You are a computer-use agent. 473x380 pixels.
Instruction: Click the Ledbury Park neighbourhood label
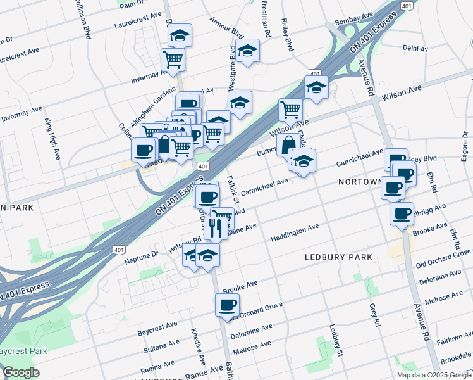coord(338,257)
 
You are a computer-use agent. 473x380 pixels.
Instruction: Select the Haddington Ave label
coord(294,232)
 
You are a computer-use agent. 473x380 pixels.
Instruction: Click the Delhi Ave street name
coord(415,48)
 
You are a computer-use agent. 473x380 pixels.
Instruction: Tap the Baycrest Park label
coord(23,350)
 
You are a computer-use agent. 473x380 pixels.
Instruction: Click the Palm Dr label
coord(132,4)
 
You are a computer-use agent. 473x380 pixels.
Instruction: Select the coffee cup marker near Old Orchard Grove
coord(228,305)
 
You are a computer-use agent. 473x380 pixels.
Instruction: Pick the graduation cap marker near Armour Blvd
coord(248,51)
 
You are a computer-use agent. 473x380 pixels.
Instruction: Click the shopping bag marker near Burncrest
coord(288,143)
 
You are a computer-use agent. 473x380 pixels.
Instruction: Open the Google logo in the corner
coord(21,372)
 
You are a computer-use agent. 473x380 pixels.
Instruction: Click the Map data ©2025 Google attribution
coord(434,375)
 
